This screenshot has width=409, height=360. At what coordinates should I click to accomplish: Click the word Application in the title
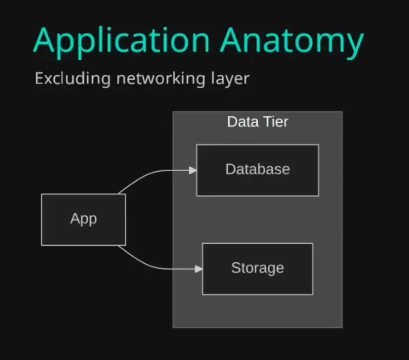click(x=121, y=41)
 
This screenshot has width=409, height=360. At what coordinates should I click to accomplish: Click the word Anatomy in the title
click(x=291, y=41)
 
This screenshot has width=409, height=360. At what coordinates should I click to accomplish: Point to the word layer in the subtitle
click(x=230, y=79)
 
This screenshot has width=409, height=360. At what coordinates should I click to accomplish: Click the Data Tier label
click(x=257, y=122)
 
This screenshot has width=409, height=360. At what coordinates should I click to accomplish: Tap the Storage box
click(x=257, y=282)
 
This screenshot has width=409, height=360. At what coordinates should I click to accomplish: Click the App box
click(x=84, y=232)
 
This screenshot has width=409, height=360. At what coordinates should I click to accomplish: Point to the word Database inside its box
click(x=257, y=169)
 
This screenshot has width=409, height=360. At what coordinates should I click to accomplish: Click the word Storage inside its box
click(x=257, y=268)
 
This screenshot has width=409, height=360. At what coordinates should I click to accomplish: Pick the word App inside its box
click(x=84, y=219)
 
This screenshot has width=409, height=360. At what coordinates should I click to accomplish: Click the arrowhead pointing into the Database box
click(x=193, y=170)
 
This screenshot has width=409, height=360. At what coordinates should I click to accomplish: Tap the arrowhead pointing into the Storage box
click(x=199, y=269)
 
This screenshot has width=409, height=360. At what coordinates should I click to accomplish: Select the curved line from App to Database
click(x=142, y=176)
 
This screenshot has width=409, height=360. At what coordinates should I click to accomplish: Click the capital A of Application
click(x=45, y=40)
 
